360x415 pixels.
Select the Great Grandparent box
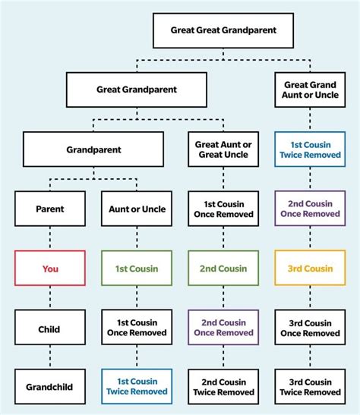click(x=136, y=90)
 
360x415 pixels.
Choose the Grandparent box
click(x=93, y=149)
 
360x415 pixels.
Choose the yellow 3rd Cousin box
click(x=310, y=269)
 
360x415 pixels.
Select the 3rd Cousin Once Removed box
click(x=310, y=329)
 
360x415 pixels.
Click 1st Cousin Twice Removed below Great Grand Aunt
click(x=310, y=149)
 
